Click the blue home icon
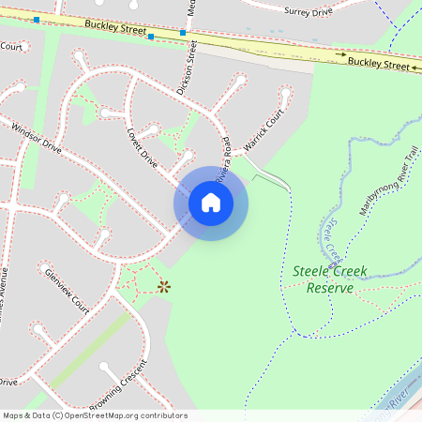coord(211,202)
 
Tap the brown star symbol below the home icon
coord(164,286)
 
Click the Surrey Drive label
coord(308,10)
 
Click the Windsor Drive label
coord(37,138)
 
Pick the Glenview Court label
coord(67,291)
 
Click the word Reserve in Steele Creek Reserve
coord(329,288)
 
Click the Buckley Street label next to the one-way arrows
coord(379,64)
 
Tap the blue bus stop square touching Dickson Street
coord(183,33)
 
